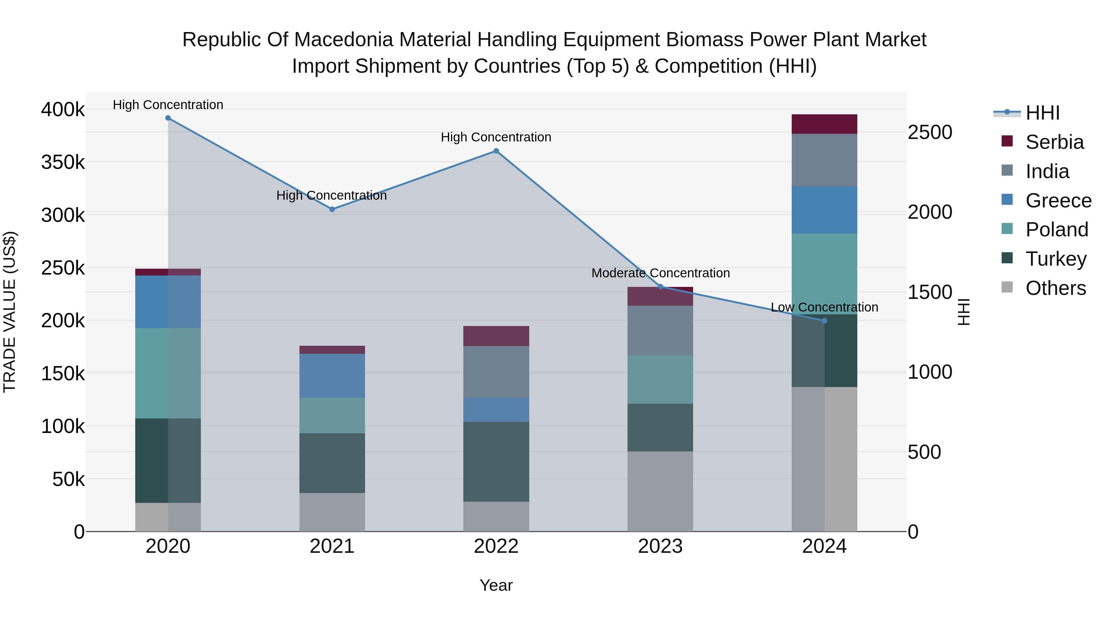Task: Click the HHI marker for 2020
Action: (x=168, y=118)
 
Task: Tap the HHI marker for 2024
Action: (x=824, y=321)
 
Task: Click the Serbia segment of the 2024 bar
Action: (x=824, y=124)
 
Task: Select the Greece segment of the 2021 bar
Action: (x=332, y=376)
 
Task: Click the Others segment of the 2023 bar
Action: (x=660, y=491)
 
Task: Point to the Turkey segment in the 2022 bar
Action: (x=496, y=461)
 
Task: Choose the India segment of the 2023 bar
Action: (x=660, y=330)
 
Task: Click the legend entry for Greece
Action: (x=1058, y=201)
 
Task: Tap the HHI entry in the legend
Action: (x=1042, y=113)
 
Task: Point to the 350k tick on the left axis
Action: (x=63, y=163)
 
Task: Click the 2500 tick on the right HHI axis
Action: (x=930, y=132)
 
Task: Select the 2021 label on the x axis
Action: (x=332, y=546)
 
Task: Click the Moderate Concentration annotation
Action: (x=660, y=273)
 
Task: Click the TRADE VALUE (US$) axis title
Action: (x=10, y=312)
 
